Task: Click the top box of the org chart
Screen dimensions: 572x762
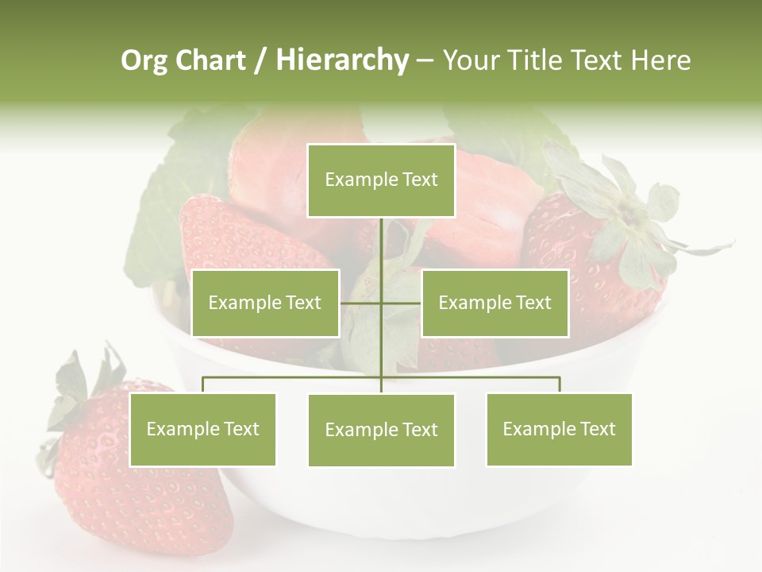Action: (381, 180)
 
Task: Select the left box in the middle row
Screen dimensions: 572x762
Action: (265, 303)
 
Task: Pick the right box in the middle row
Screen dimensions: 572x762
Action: (495, 303)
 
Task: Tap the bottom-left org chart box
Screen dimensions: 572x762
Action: (202, 430)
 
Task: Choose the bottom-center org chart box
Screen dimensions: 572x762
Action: (381, 431)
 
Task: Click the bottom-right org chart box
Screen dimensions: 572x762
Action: (559, 430)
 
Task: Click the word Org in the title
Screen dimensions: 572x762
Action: (144, 60)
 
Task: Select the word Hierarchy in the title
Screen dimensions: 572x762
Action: (341, 60)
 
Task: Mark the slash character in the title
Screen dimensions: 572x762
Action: (260, 60)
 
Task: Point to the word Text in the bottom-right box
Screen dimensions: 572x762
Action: (597, 429)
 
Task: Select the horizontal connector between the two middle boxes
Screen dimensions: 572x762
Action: (381, 303)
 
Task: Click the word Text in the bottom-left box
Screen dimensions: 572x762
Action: (241, 429)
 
